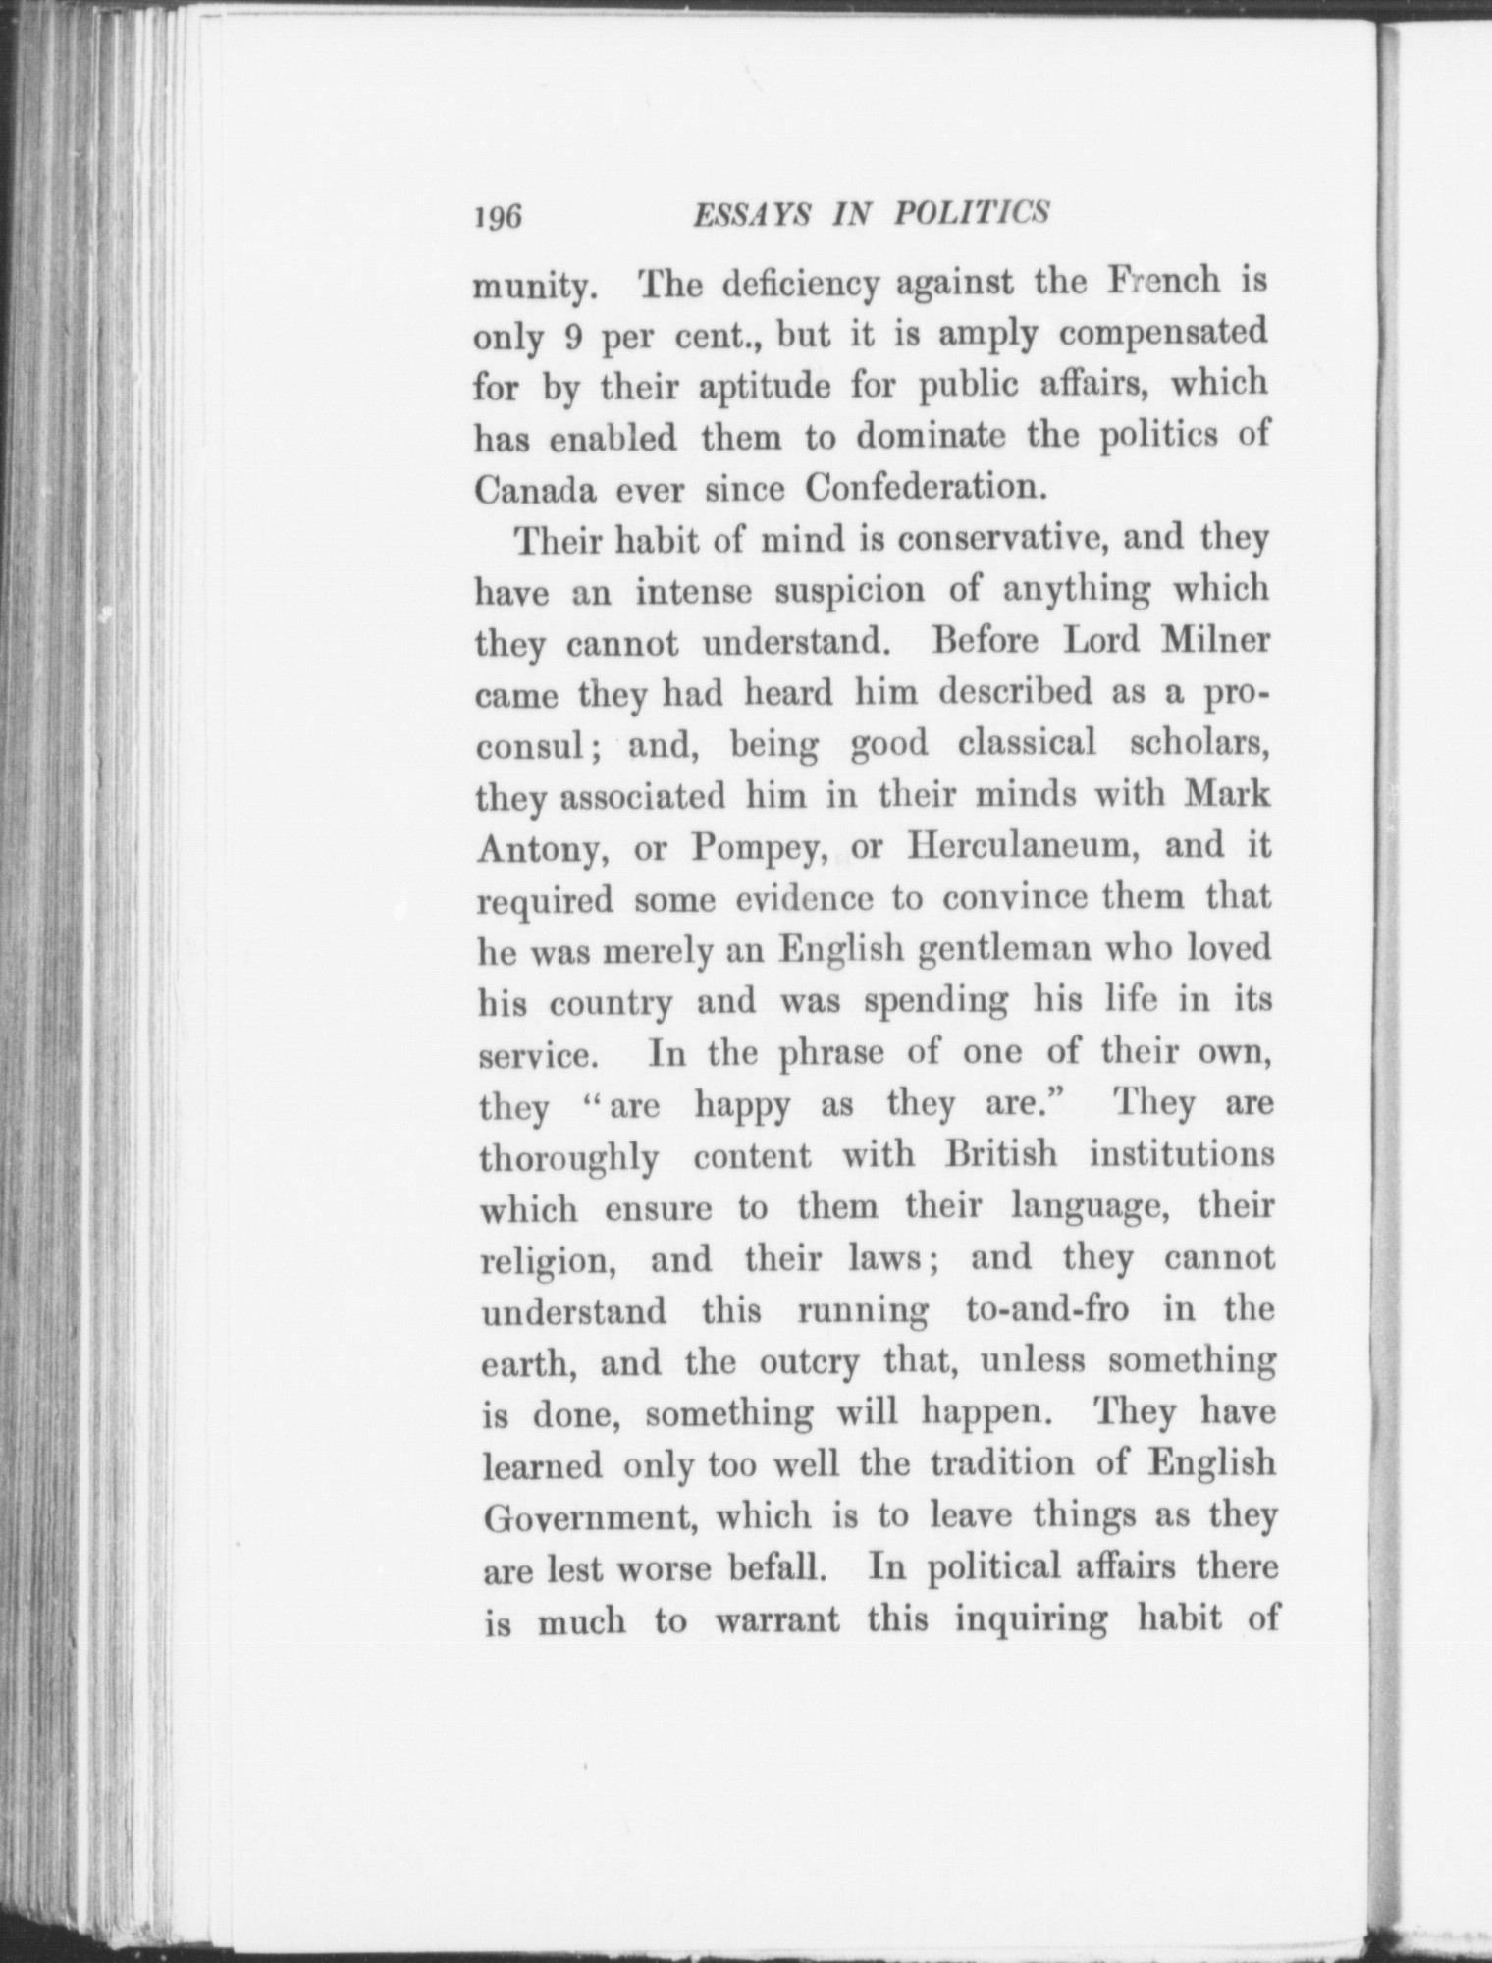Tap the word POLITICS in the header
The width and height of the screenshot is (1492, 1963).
coord(971,213)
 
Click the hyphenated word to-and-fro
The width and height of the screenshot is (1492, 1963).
coord(1047,1310)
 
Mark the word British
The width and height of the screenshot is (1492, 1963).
coord(1000,1154)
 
